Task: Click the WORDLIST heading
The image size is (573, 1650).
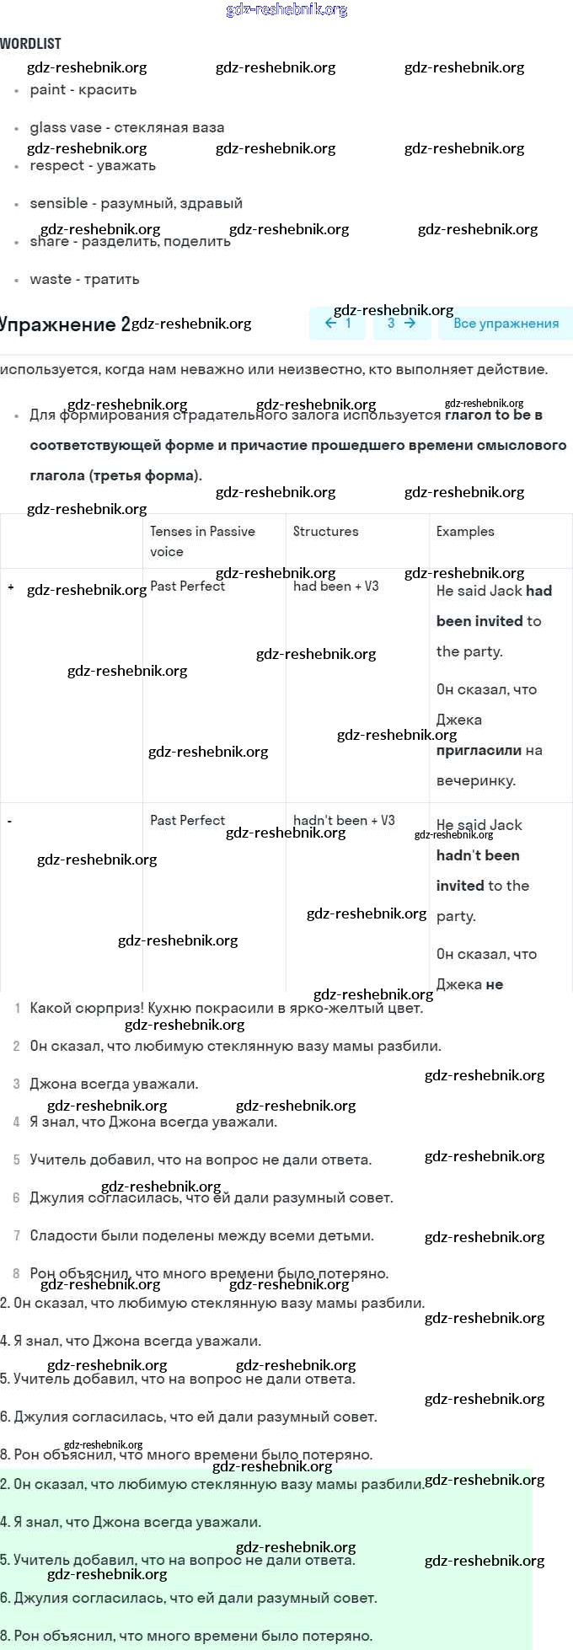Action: pyautogui.click(x=31, y=44)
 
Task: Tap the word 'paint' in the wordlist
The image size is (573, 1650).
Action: pyautogui.click(x=47, y=90)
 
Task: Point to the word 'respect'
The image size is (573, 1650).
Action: pyautogui.click(x=56, y=166)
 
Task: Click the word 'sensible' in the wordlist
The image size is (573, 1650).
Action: pyautogui.click(x=58, y=204)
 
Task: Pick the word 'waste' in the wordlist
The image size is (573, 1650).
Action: pyautogui.click(x=51, y=280)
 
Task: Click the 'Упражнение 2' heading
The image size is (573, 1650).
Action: pyautogui.click(x=65, y=324)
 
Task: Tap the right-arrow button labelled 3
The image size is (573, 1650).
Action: pyautogui.click(x=401, y=324)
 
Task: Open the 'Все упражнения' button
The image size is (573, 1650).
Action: pyautogui.click(x=506, y=324)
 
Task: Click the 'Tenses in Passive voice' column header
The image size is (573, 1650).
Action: pyautogui.click(x=202, y=541)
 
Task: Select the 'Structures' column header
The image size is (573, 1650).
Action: pyautogui.click(x=325, y=532)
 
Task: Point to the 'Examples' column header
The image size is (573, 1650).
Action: pyautogui.click(x=465, y=532)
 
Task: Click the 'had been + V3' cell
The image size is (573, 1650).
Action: pyautogui.click(x=335, y=587)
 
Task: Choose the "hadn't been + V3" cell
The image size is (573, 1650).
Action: pyautogui.click(x=344, y=821)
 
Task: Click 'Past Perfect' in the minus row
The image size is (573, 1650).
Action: pyautogui.click(x=187, y=821)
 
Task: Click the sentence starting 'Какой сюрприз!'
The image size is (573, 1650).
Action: pyautogui.click(x=226, y=1008)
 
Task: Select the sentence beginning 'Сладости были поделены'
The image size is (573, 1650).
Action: pyautogui.click(x=201, y=1235)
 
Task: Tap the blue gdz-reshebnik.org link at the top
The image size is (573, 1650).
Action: pyautogui.click(x=286, y=10)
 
